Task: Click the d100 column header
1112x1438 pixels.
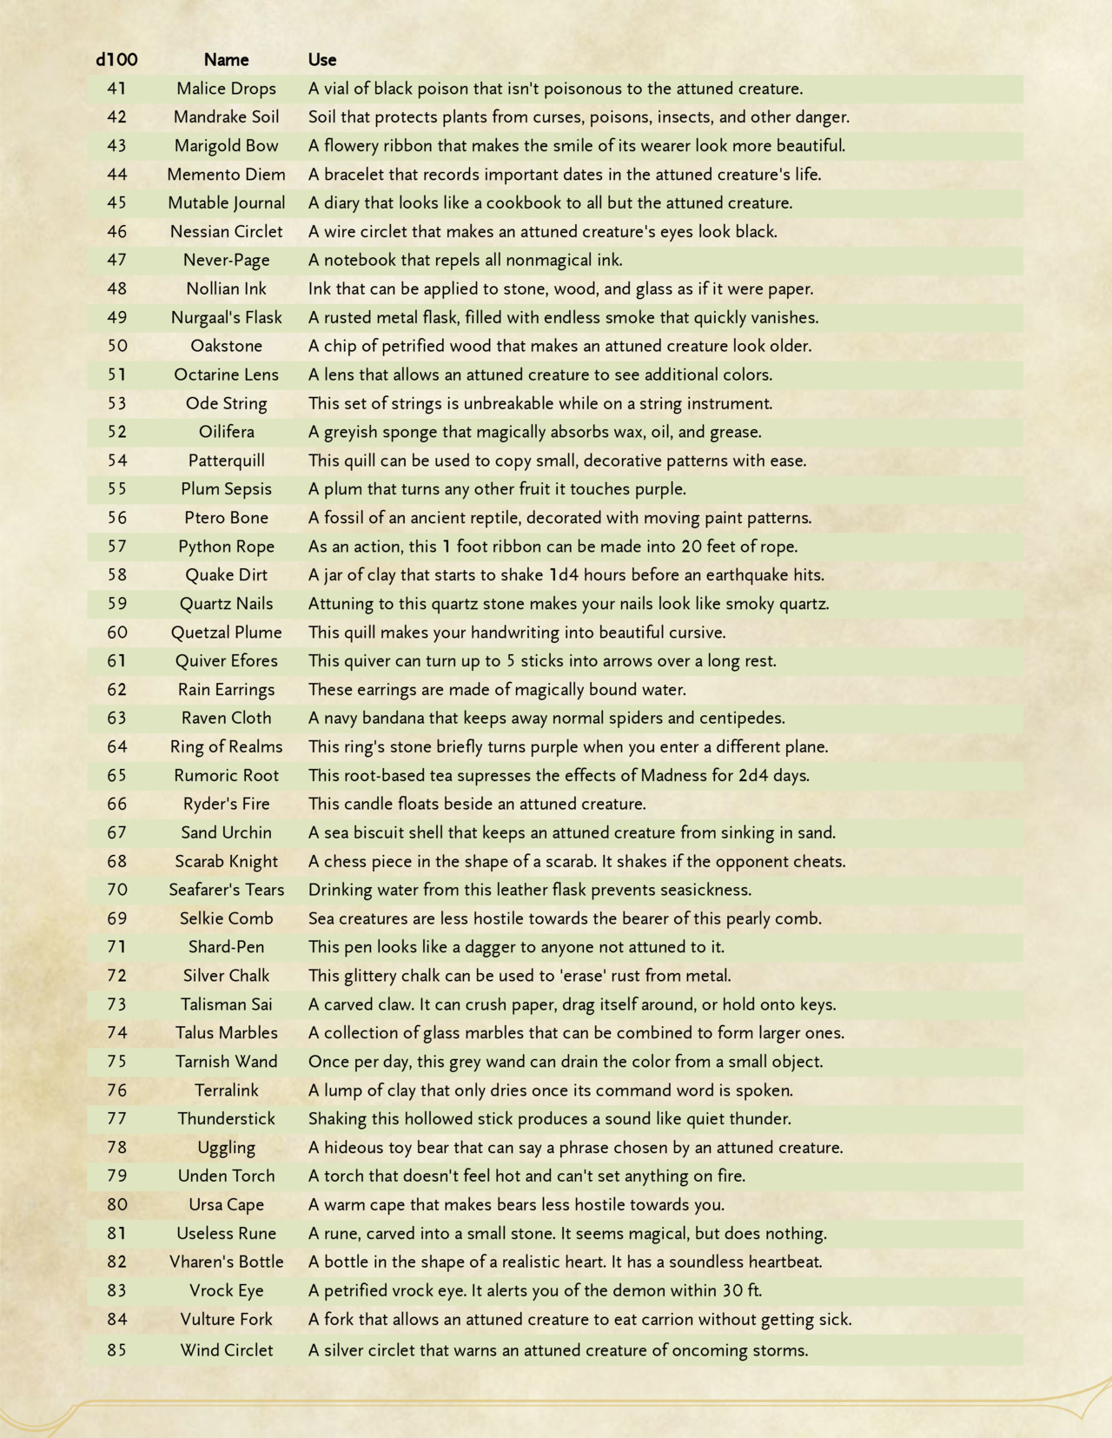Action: (x=116, y=60)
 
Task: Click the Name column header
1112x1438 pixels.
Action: (x=226, y=60)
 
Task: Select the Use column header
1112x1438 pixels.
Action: (x=322, y=60)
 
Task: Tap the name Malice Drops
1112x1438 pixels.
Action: (x=226, y=89)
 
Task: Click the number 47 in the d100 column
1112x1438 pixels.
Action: (x=116, y=260)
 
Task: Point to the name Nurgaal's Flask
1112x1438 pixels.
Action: (x=226, y=317)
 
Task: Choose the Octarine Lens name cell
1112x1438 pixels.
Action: (x=226, y=374)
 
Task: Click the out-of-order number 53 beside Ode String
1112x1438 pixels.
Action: (x=116, y=403)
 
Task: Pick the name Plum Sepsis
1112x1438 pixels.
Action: (x=226, y=489)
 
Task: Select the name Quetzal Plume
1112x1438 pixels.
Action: (x=226, y=633)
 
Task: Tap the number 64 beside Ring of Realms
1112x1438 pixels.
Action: (x=116, y=746)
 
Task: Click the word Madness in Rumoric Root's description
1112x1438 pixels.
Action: (x=673, y=775)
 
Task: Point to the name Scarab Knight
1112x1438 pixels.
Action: (x=226, y=861)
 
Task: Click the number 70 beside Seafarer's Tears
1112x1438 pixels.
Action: (x=116, y=890)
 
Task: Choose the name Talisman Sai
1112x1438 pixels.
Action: (x=226, y=1004)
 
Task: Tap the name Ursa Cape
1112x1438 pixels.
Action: (x=226, y=1205)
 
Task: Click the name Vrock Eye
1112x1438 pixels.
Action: (x=226, y=1290)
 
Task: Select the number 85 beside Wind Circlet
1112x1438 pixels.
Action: (x=116, y=1350)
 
